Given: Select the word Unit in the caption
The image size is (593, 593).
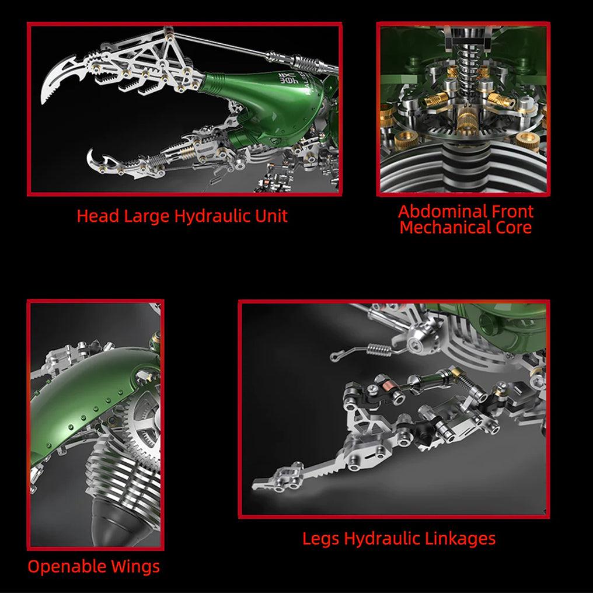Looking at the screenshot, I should point(271,216).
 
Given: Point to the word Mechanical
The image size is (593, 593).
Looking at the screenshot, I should point(445,227).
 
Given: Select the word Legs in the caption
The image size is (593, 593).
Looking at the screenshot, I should point(320,538).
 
